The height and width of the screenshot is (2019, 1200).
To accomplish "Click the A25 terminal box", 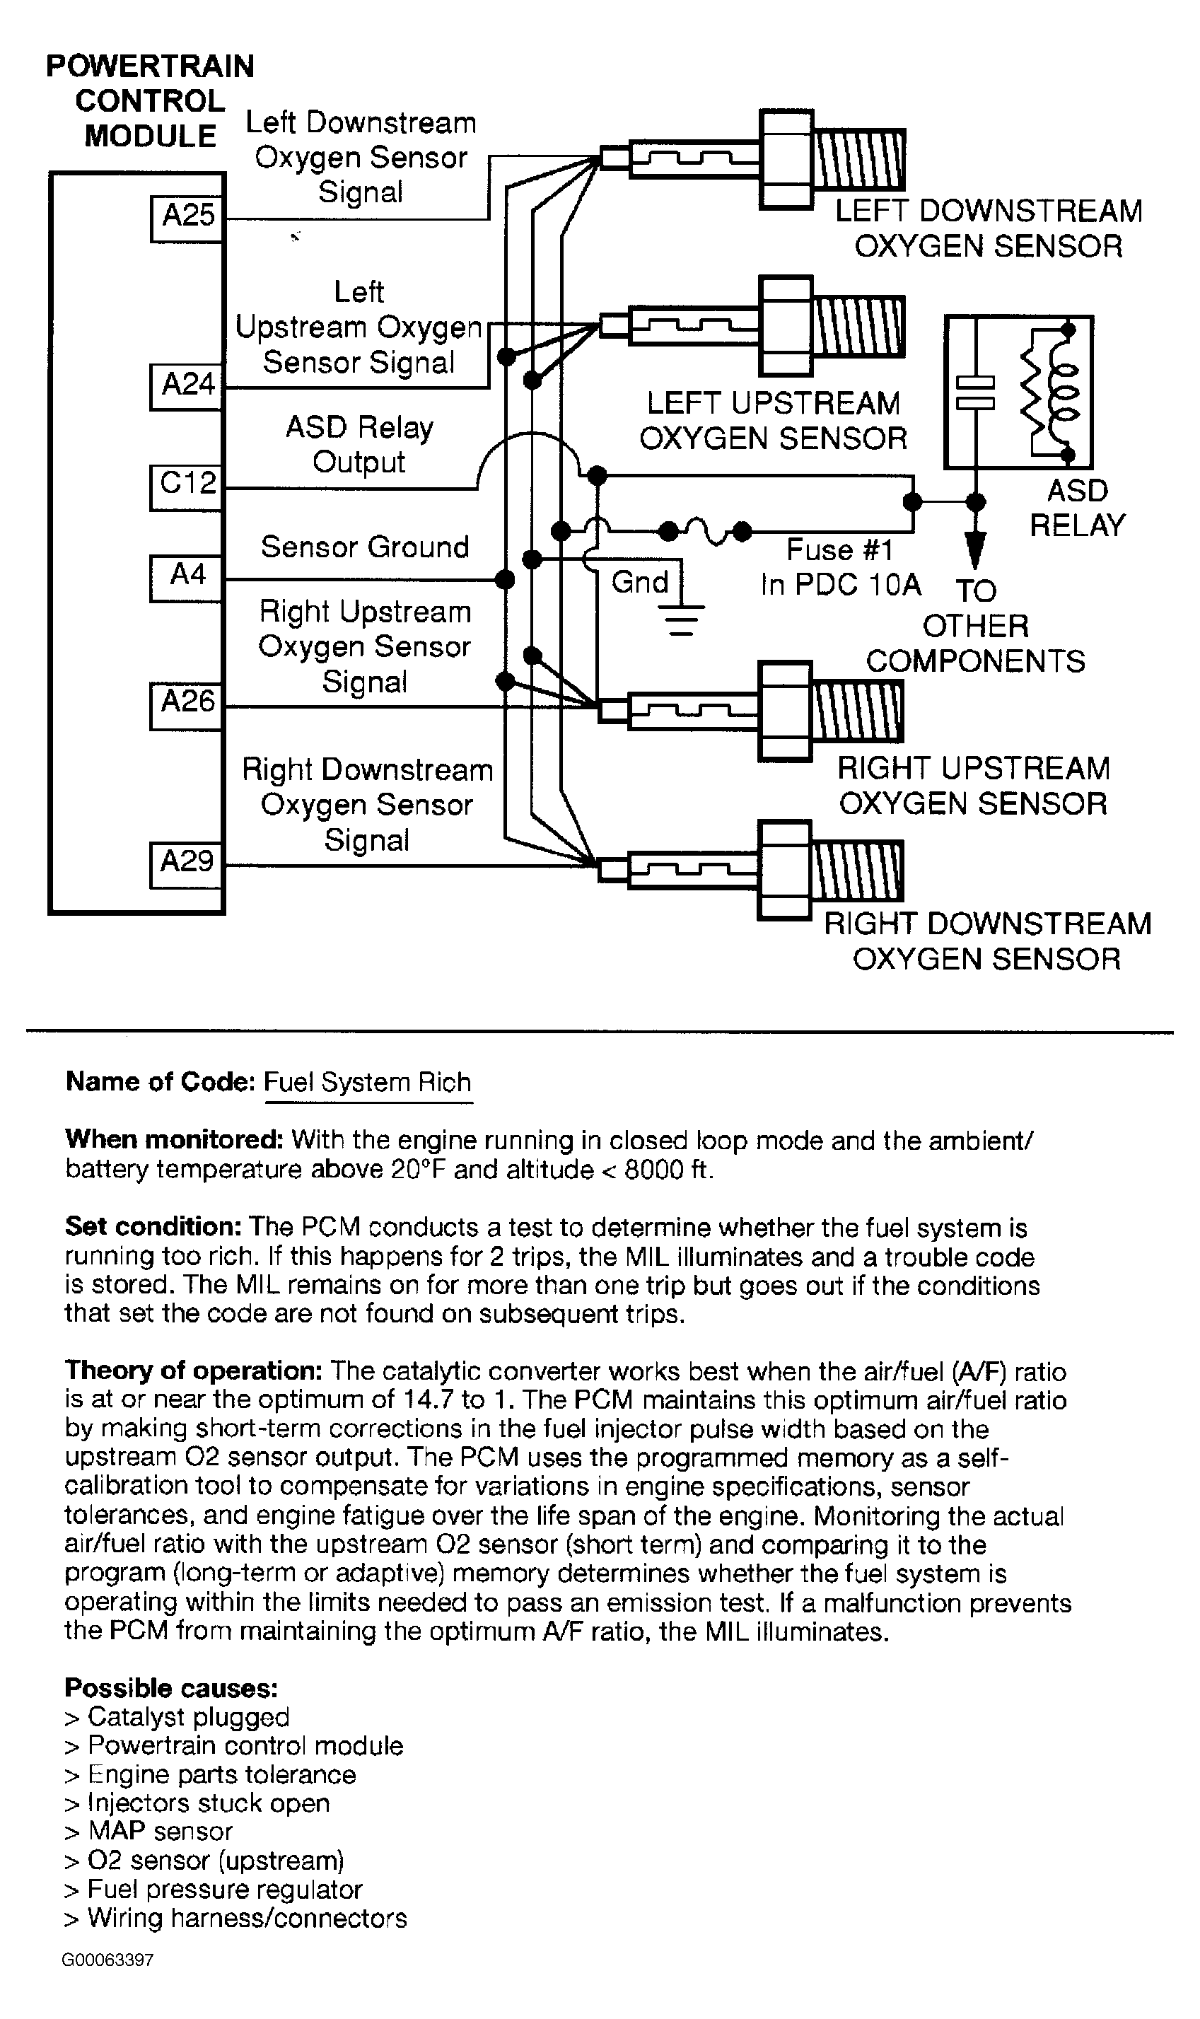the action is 187,218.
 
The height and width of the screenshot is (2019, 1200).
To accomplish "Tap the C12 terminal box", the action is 187,486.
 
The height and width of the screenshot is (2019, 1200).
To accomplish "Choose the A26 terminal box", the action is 187,705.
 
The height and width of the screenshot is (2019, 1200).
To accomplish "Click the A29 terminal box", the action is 187,864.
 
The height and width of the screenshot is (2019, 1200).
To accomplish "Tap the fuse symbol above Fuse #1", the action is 705,532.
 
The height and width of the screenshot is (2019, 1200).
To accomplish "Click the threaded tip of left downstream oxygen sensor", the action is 858,160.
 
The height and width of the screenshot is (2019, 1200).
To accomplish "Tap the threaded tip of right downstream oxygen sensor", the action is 857,871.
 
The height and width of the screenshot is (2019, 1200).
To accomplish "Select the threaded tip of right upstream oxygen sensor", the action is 857,711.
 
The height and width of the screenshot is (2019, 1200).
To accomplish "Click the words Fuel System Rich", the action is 368,1082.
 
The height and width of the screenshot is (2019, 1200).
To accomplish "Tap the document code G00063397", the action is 107,1960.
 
